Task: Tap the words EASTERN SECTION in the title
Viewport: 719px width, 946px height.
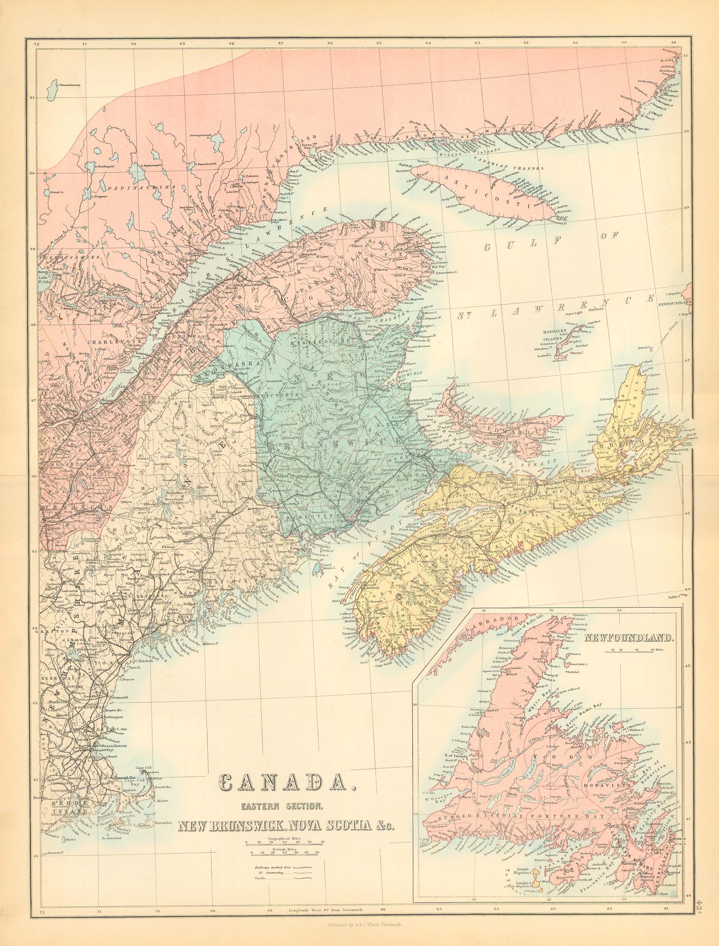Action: coord(283,807)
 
